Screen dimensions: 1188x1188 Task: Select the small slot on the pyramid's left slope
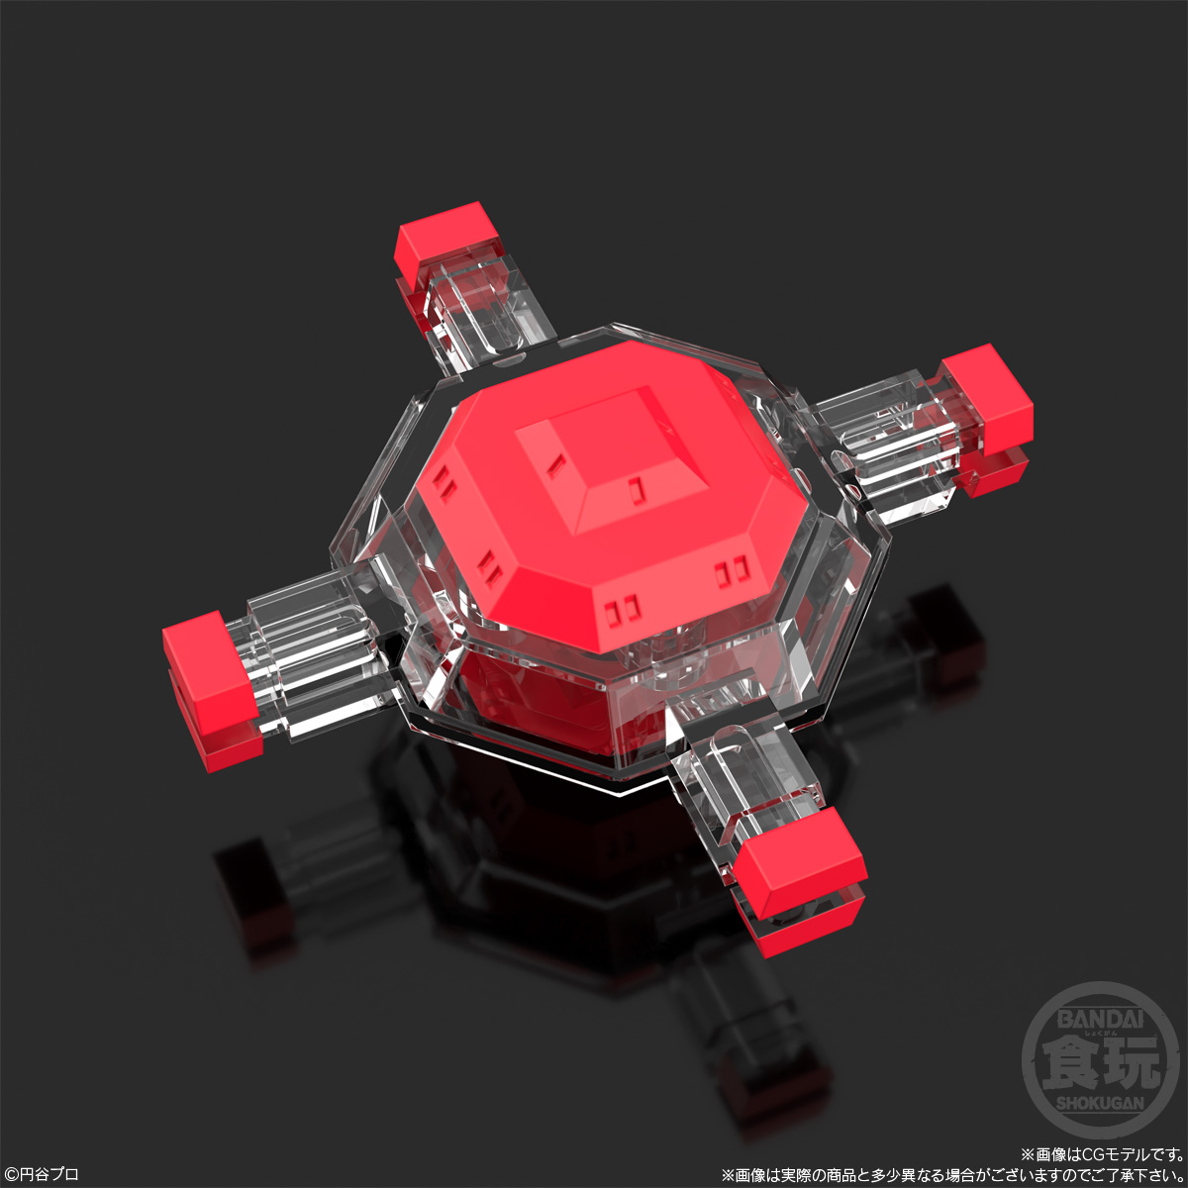click(556, 462)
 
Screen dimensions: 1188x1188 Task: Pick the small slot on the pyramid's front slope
click(635, 488)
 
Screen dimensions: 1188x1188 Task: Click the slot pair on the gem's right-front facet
click(733, 570)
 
